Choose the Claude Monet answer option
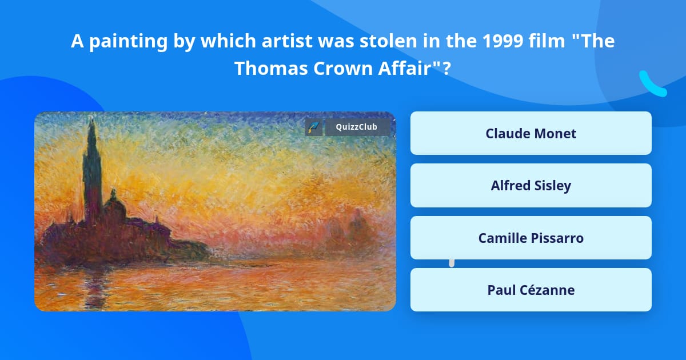pyautogui.click(x=531, y=133)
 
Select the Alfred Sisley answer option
pyautogui.click(x=531, y=186)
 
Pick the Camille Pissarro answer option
pyautogui.click(x=531, y=238)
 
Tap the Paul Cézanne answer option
pyautogui.click(x=531, y=290)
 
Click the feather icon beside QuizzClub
pyautogui.click(x=313, y=127)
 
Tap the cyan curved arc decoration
pyautogui.click(x=652, y=84)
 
